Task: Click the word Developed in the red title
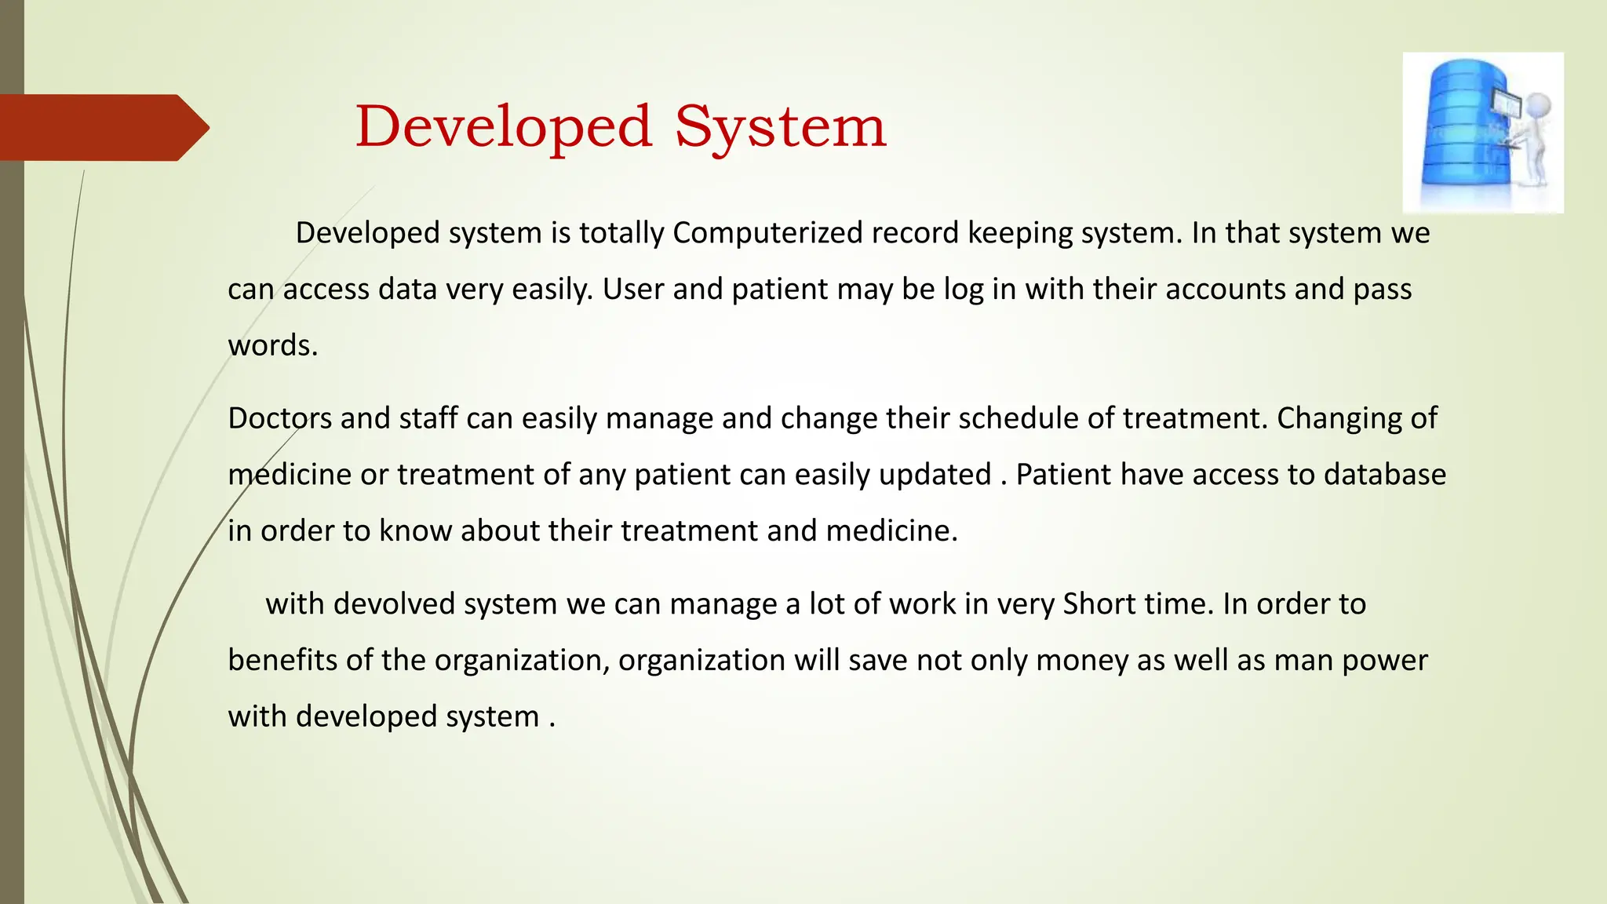coord(503,127)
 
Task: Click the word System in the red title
coord(780,127)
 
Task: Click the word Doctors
coord(279,418)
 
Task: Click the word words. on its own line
coord(272,346)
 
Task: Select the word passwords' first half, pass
coord(1383,290)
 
